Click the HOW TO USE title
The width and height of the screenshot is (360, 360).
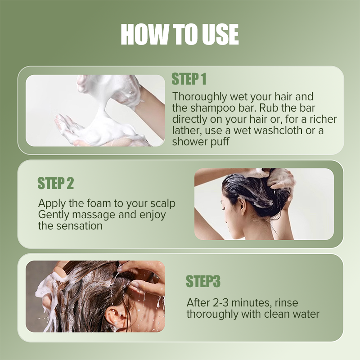pos(180,34)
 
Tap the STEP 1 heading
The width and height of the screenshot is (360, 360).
pos(189,80)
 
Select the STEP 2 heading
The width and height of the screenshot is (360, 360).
pos(55,184)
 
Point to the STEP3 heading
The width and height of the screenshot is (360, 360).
pos(203,281)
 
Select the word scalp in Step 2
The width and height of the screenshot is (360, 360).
pos(161,203)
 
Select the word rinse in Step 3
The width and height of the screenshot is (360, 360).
pos(287,303)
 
